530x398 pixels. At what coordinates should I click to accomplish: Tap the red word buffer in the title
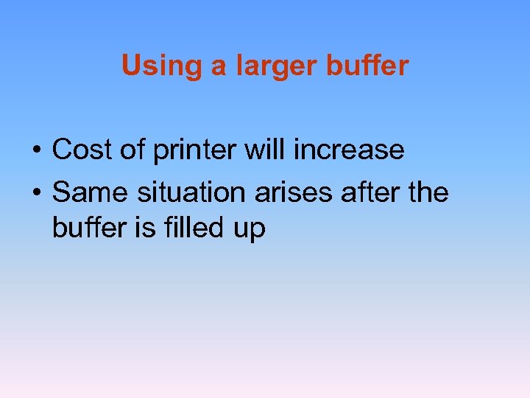coord(369,66)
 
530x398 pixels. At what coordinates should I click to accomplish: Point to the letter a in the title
coord(219,68)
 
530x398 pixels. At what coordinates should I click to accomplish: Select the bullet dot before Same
coord(35,194)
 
